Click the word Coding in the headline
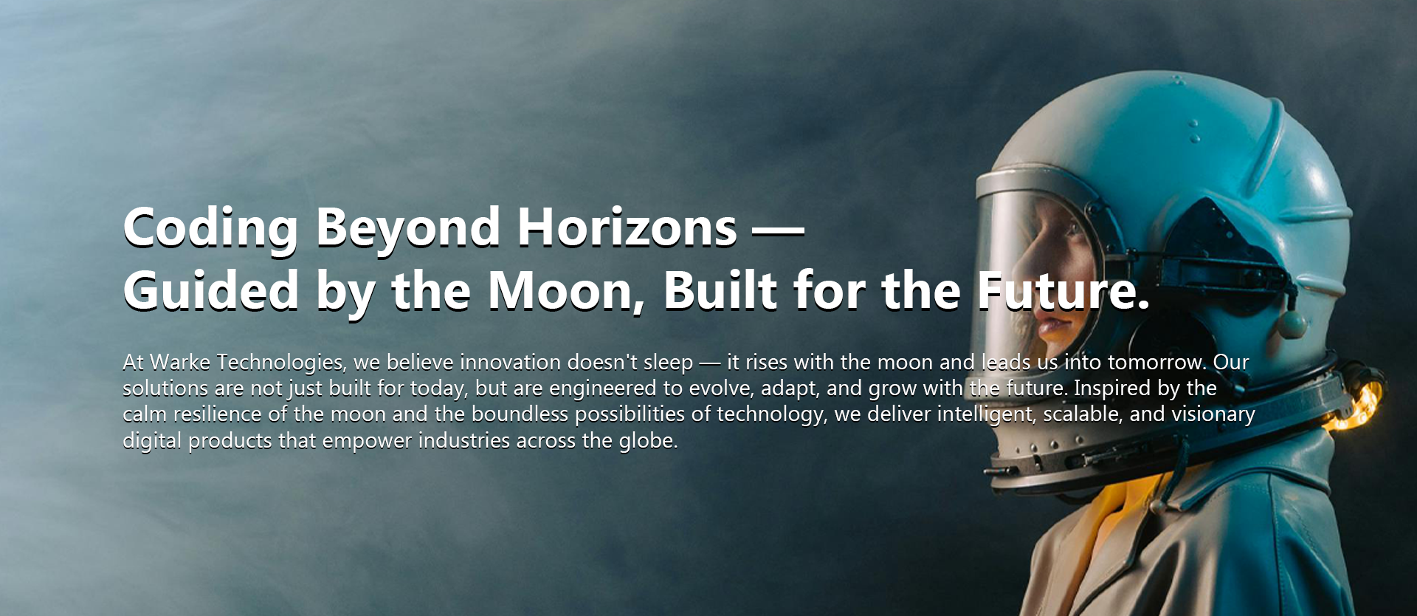210,228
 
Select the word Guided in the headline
210,290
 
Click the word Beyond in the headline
407,228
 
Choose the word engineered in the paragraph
605,389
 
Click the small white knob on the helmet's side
1293,324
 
